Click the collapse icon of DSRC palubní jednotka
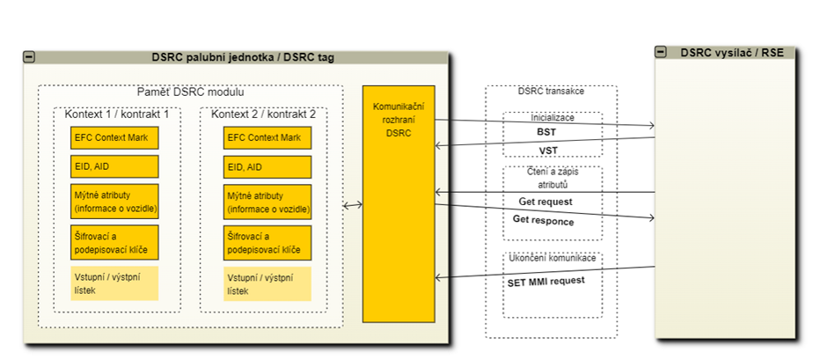click(29, 57)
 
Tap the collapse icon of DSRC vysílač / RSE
click(661, 52)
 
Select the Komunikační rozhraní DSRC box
click(399, 203)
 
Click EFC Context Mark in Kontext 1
click(114, 137)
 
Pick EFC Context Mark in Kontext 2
click(267, 137)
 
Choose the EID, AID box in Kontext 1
click(114, 166)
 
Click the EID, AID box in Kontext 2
click(267, 166)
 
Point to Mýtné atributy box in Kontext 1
click(114, 201)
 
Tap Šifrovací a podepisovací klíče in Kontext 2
click(267, 242)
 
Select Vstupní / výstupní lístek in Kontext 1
click(114, 283)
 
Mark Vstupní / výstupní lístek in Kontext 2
click(267, 283)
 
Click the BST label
click(546, 132)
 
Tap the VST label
click(548, 151)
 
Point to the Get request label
click(545, 202)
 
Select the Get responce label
click(543, 221)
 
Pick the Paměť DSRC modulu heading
click(190, 92)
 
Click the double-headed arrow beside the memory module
click(353, 205)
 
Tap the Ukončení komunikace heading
click(553, 258)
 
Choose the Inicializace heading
click(552, 116)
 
